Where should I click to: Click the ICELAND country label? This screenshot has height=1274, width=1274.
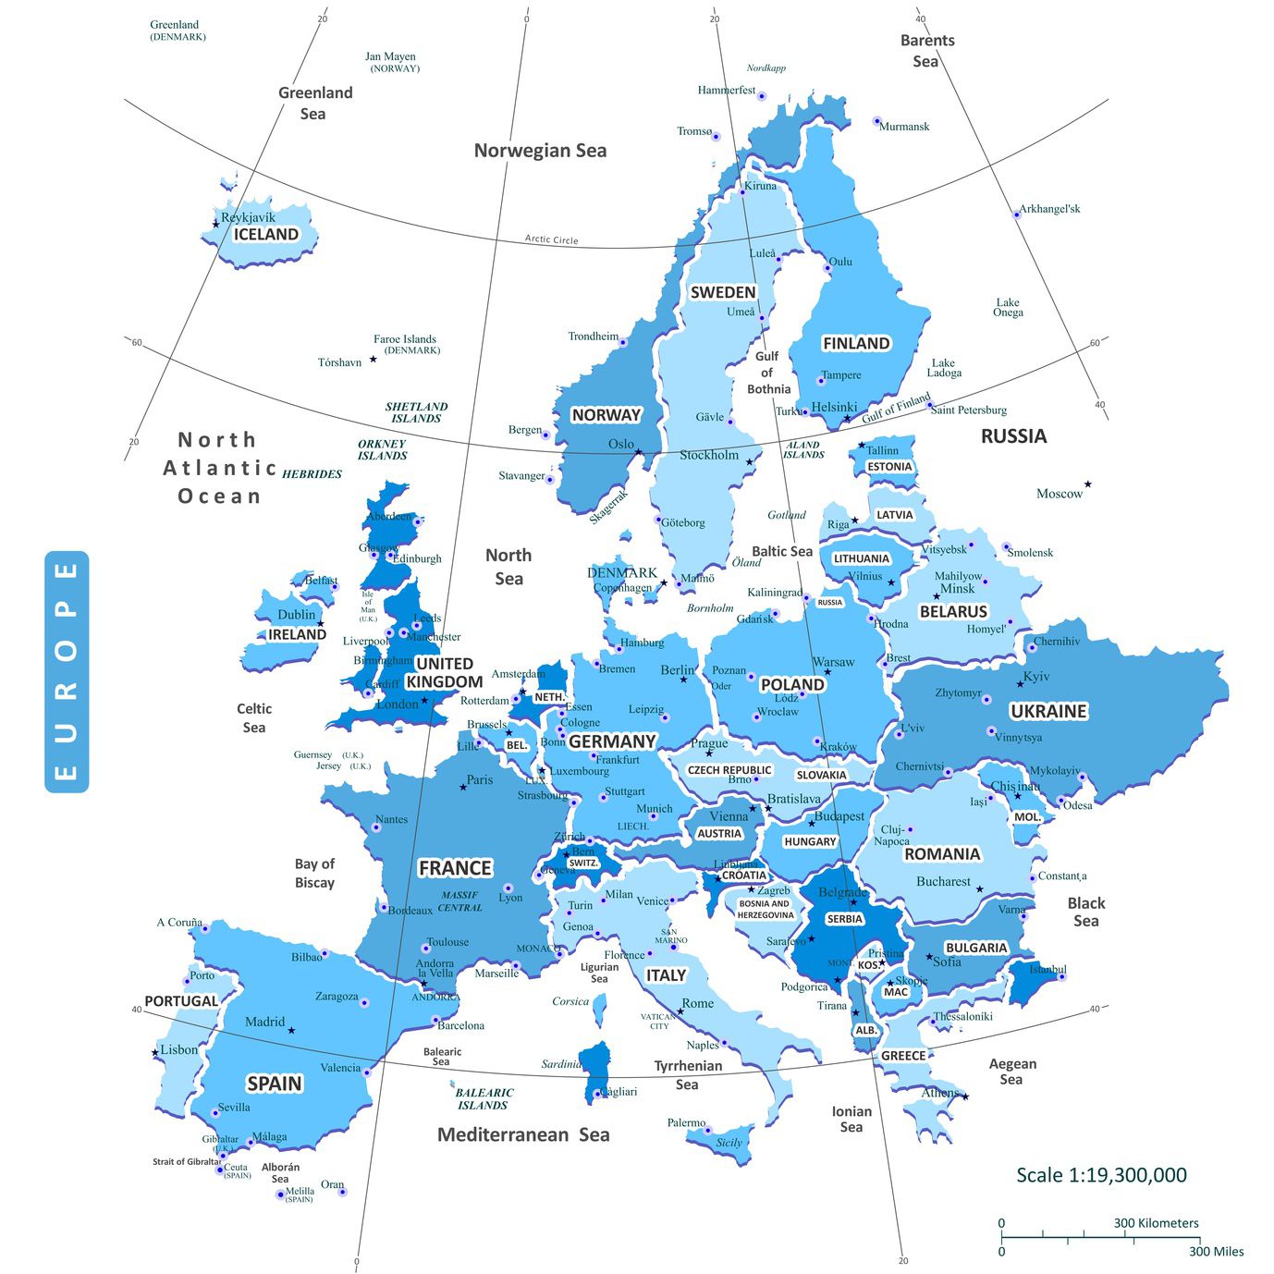pyautogui.click(x=266, y=235)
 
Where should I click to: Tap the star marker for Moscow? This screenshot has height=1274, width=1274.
pyautogui.click(x=1088, y=484)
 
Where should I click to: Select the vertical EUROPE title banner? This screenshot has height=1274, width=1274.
pyautogui.click(x=67, y=672)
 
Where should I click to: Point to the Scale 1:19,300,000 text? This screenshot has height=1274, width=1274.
pyautogui.click(x=1101, y=1175)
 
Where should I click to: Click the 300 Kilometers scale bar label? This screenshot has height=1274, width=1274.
pyautogui.click(x=1156, y=1223)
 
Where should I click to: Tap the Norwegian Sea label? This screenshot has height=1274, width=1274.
pyautogui.click(x=540, y=151)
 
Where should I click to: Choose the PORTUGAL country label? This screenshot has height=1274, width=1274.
pyautogui.click(x=181, y=1001)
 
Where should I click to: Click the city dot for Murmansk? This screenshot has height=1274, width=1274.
pyautogui.click(x=876, y=121)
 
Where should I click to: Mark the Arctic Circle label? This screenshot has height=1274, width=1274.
pyautogui.click(x=552, y=239)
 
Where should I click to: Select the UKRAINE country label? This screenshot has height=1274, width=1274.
pyautogui.click(x=1048, y=711)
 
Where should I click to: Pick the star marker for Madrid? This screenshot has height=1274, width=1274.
pyautogui.click(x=291, y=1030)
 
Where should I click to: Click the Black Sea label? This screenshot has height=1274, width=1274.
pyautogui.click(x=1086, y=912)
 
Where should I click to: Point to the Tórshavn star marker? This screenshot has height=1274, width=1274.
pyautogui.click(x=374, y=359)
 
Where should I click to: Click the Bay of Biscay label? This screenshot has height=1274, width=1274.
pyautogui.click(x=314, y=873)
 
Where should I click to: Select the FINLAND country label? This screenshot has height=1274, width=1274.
pyautogui.click(x=856, y=344)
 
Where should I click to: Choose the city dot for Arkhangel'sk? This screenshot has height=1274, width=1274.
pyautogui.click(x=1017, y=214)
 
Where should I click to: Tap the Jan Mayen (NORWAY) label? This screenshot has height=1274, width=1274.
pyautogui.click(x=392, y=62)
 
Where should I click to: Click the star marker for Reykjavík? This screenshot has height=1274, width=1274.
pyautogui.click(x=216, y=224)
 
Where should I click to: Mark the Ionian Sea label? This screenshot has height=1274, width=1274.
pyautogui.click(x=851, y=1119)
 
